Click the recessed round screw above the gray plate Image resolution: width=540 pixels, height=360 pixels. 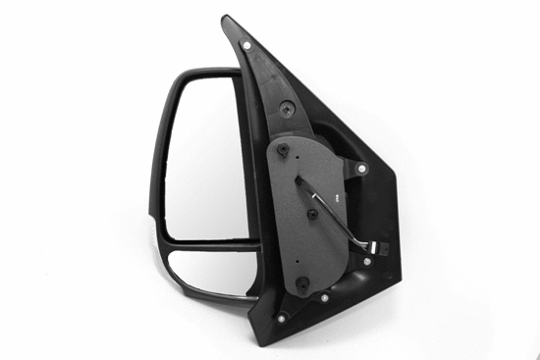pyautogui.click(x=285, y=109)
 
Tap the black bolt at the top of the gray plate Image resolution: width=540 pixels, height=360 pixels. pyautogui.click(x=283, y=150)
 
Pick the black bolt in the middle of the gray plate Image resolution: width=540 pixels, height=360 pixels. pyautogui.click(x=312, y=212)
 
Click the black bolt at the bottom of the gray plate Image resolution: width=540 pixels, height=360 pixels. pyautogui.click(x=301, y=284)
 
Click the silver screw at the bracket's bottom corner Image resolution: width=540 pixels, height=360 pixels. pyautogui.click(x=283, y=317)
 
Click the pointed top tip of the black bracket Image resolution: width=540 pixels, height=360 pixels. pyautogui.click(x=228, y=19)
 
